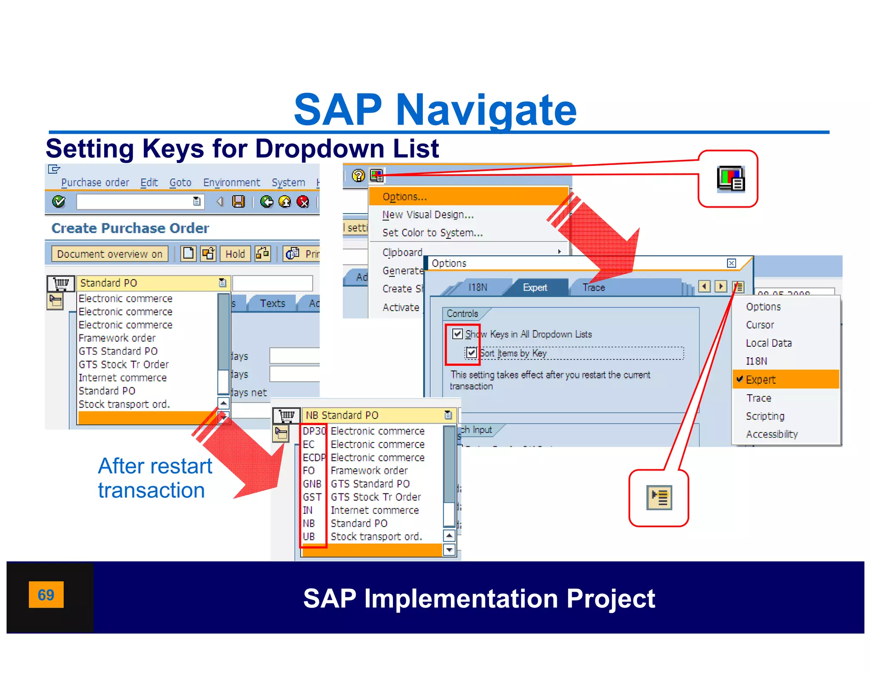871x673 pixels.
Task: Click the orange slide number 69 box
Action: pyautogui.click(x=46, y=594)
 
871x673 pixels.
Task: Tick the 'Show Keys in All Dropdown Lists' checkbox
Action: pyautogui.click(x=457, y=334)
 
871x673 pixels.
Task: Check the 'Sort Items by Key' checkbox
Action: pyautogui.click(x=471, y=353)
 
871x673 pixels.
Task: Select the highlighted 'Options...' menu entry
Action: pyautogui.click(x=404, y=197)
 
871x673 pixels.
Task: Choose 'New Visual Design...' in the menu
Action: pyautogui.click(x=428, y=215)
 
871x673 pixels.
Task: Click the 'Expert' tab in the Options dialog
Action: pyautogui.click(x=535, y=288)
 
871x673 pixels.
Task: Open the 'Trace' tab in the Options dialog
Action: pyautogui.click(x=593, y=288)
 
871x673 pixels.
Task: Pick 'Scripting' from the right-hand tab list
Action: pyautogui.click(x=765, y=416)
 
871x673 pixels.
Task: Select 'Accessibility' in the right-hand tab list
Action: pyautogui.click(x=771, y=434)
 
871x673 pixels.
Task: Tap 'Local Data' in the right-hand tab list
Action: pyautogui.click(x=769, y=343)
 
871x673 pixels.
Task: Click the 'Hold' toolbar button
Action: pyautogui.click(x=235, y=254)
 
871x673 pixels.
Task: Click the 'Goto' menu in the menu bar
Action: pyautogui.click(x=180, y=183)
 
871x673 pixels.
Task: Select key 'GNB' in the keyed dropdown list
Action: pyautogui.click(x=312, y=484)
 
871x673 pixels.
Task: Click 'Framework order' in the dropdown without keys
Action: pyautogui.click(x=117, y=338)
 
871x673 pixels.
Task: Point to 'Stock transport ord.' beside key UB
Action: pyautogui.click(x=376, y=536)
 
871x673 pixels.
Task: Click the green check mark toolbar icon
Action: pyautogui.click(x=59, y=202)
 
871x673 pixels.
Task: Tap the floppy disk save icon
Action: pyautogui.click(x=238, y=202)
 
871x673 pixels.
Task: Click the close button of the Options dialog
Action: pyautogui.click(x=731, y=263)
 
